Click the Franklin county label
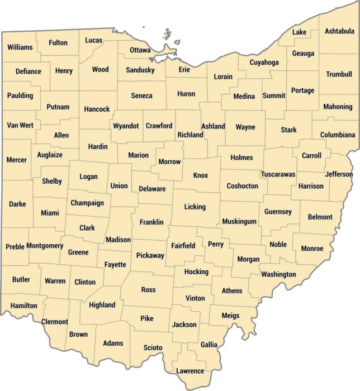(x=151, y=222)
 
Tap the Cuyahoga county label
(x=264, y=62)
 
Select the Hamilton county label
(x=23, y=306)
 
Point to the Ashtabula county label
(x=339, y=31)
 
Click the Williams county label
(x=20, y=47)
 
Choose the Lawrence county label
(x=190, y=371)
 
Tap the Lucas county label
(x=94, y=40)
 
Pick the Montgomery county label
(x=45, y=246)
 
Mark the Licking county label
(x=195, y=207)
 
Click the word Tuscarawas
(x=278, y=174)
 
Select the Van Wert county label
(x=20, y=125)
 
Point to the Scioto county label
(x=153, y=347)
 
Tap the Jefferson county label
(x=339, y=174)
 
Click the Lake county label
(x=300, y=32)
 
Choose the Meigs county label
(x=230, y=316)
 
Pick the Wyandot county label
(x=126, y=126)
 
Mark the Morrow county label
(x=169, y=162)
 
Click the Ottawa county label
(x=140, y=50)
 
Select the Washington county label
(x=278, y=274)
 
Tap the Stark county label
(x=288, y=130)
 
